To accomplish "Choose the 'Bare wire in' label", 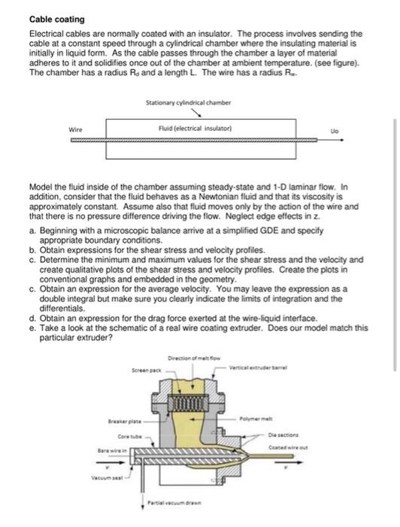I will (108, 449).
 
